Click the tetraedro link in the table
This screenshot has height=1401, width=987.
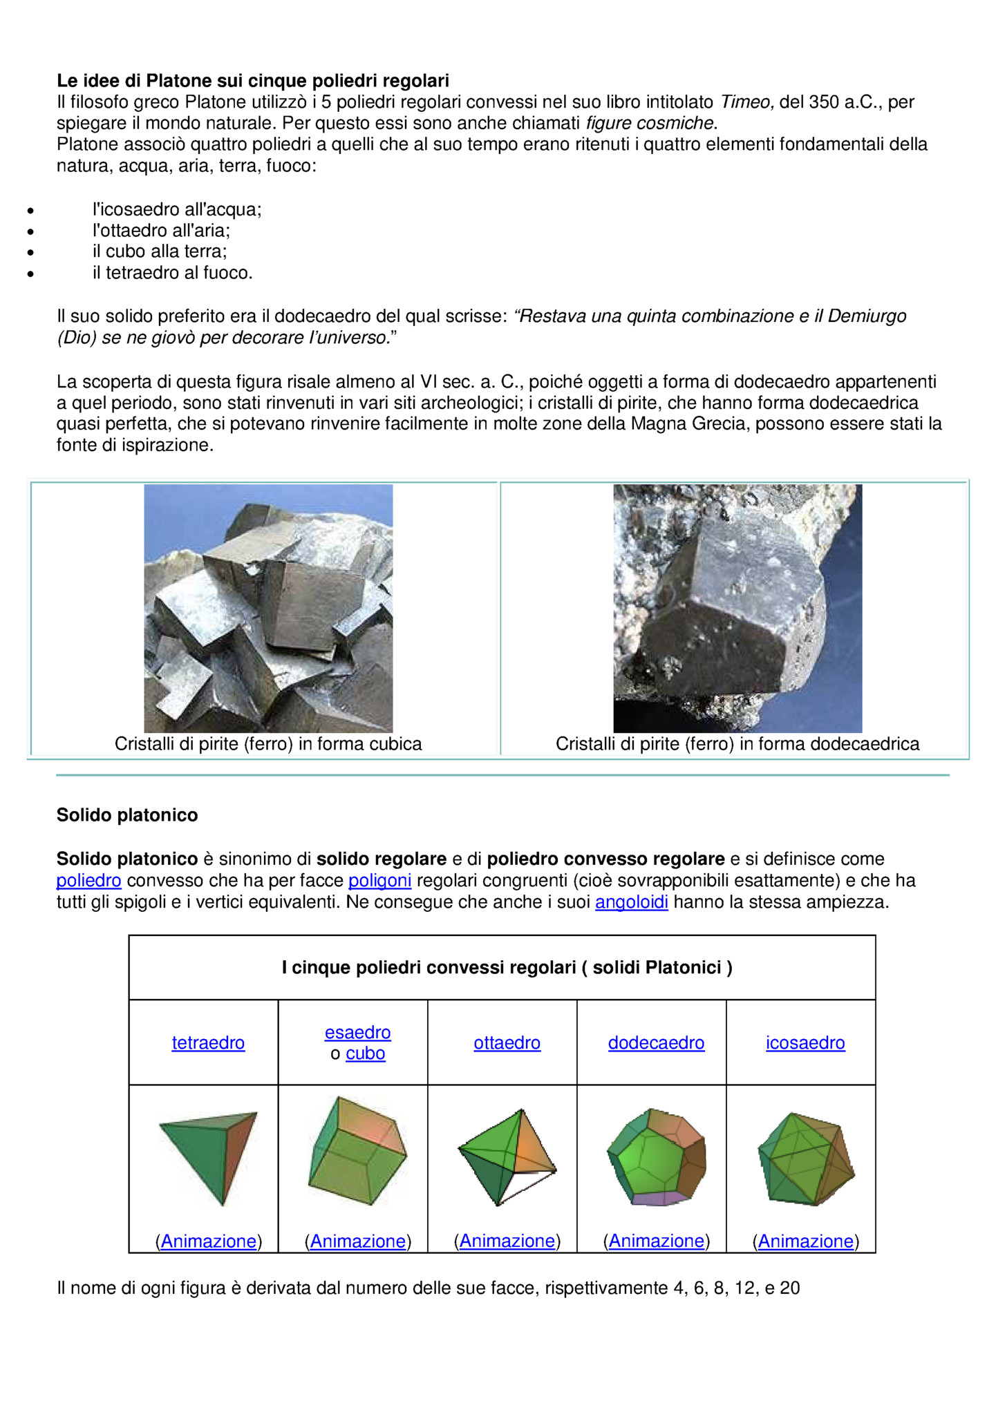(208, 1042)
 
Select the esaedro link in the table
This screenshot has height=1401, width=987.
(357, 1032)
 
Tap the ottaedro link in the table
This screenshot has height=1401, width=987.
(507, 1042)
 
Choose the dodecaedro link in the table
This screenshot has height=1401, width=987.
(656, 1042)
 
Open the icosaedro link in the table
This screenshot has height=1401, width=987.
(805, 1042)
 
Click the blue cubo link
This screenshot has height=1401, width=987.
(365, 1054)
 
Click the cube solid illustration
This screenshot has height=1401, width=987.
(357, 1150)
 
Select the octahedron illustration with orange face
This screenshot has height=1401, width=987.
(507, 1156)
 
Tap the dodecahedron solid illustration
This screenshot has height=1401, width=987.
(657, 1156)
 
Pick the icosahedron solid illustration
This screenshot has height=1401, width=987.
(806, 1158)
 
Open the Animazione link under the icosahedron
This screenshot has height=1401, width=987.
(805, 1241)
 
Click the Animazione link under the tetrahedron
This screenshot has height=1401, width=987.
(208, 1241)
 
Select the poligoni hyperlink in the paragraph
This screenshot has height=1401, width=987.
(379, 881)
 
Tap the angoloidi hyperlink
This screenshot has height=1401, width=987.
(631, 902)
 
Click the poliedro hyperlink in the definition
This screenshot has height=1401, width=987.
(88, 881)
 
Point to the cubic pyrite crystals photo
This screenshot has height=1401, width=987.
(268, 608)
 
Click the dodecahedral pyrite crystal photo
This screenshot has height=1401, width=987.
(737, 608)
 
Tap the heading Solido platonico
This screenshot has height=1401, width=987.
(127, 815)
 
